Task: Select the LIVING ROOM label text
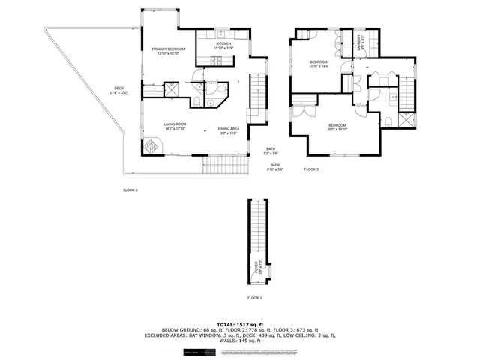click(x=175, y=126)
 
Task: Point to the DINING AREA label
click(x=229, y=130)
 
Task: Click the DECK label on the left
click(x=118, y=90)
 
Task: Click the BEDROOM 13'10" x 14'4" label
click(x=319, y=64)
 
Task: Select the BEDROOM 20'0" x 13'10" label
click(x=337, y=127)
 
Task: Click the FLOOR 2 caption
click(x=130, y=190)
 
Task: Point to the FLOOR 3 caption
click(x=311, y=170)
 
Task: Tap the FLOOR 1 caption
click(x=255, y=298)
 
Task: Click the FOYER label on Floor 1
click(x=256, y=268)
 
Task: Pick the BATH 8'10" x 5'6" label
click(x=275, y=167)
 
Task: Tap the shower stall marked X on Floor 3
click(x=406, y=121)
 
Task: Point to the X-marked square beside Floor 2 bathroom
click(x=172, y=89)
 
